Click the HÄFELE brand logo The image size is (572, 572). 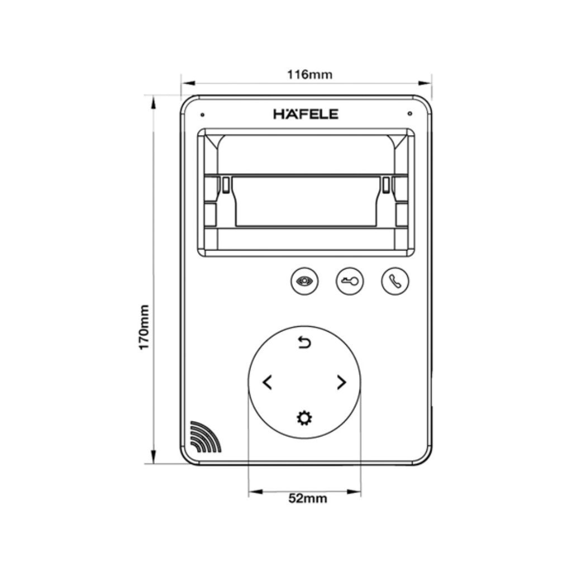(x=306, y=114)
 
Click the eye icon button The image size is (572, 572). (x=304, y=281)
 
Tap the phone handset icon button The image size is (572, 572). (x=395, y=281)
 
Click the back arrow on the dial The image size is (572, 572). (x=304, y=343)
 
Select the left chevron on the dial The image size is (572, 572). (x=268, y=383)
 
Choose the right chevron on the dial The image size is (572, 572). (x=341, y=383)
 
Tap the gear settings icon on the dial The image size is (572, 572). (x=304, y=417)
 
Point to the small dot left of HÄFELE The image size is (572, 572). (x=202, y=115)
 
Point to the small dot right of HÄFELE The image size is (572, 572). (x=410, y=114)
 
